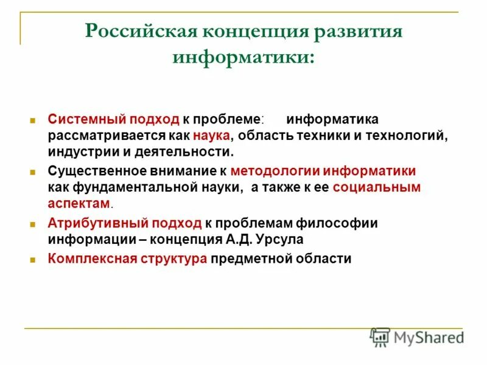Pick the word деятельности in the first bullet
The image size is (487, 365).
click(x=189, y=151)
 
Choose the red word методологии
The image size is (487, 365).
click(x=275, y=172)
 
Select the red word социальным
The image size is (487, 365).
click(x=376, y=187)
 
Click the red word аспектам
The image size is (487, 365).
click(x=79, y=203)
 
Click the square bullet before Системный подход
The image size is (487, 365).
click(x=35, y=120)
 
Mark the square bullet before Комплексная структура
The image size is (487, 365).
click(x=35, y=259)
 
